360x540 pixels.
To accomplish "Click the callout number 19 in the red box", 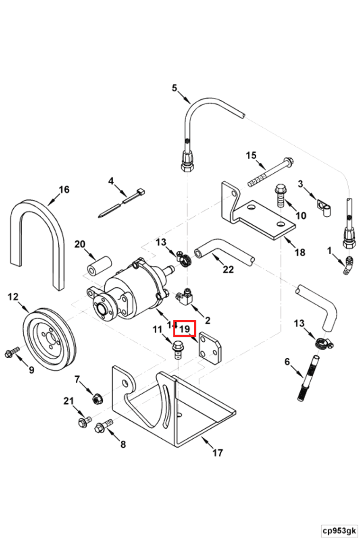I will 185,328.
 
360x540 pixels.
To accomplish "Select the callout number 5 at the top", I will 174,88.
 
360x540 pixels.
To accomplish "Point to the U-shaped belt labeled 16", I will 38,237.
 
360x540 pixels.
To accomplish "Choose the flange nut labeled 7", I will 97,398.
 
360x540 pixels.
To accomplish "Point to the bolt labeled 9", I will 11,352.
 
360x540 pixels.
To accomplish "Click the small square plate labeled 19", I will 209,346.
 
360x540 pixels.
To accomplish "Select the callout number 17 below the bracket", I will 217,453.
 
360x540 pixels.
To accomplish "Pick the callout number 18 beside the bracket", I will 299,252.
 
